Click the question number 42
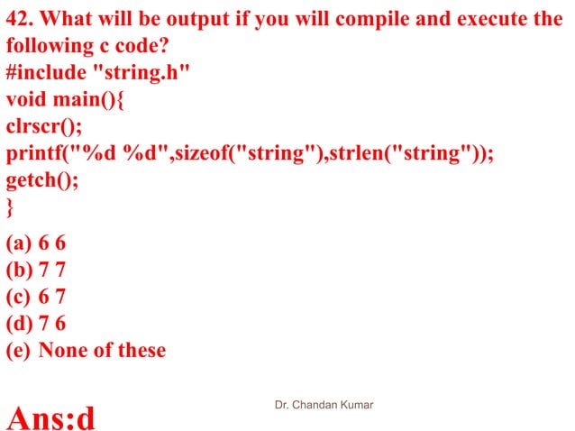click(x=20, y=18)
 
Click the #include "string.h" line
click(x=97, y=72)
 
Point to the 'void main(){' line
click(x=65, y=99)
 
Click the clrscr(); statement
click(x=41, y=126)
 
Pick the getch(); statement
click(x=41, y=180)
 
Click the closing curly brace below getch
click(x=10, y=207)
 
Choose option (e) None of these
click(x=86, y=350)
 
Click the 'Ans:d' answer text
click(x=51, y=417)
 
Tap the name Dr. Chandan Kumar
click(x=324, y=406)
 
